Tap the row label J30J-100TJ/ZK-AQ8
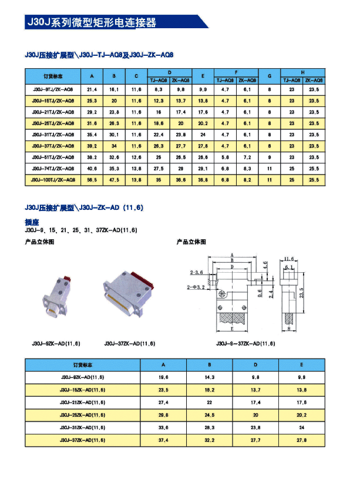point(53,179)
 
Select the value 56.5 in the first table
point(92,179)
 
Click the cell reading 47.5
point(114,179)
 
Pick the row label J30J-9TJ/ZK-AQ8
point(53,89)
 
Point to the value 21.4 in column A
point(92,89)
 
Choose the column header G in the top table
point(269,76)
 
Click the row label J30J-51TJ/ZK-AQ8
point(53,157)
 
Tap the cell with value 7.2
point(247,157)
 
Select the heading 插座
point(32,222)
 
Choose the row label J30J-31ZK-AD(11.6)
point(83,427)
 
